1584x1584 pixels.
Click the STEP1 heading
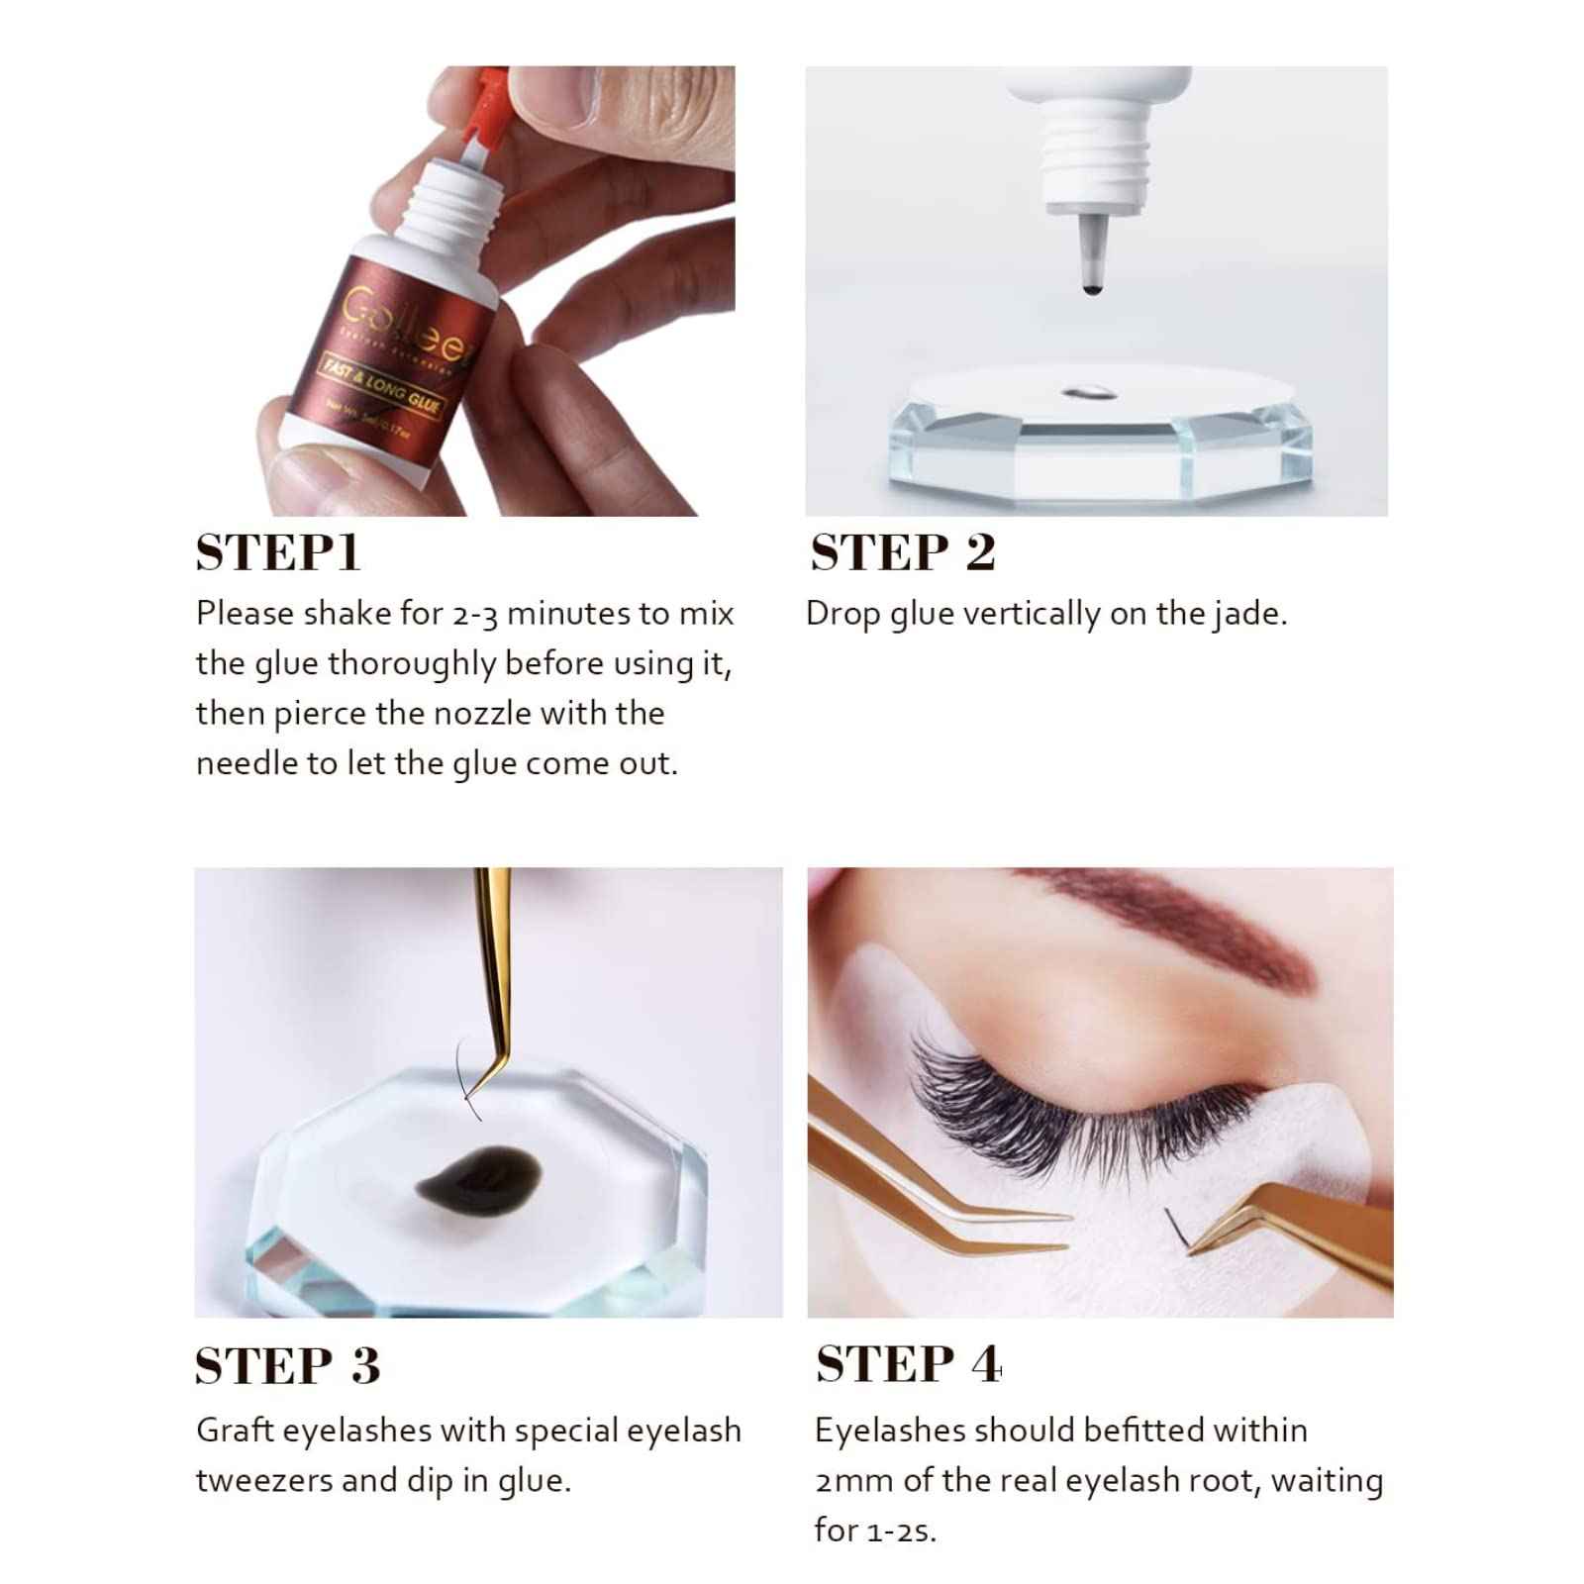278,552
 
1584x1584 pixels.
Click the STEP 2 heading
902,552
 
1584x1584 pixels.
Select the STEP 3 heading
287,1365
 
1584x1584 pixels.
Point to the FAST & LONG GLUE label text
381,387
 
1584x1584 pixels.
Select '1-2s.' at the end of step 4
900,1532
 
